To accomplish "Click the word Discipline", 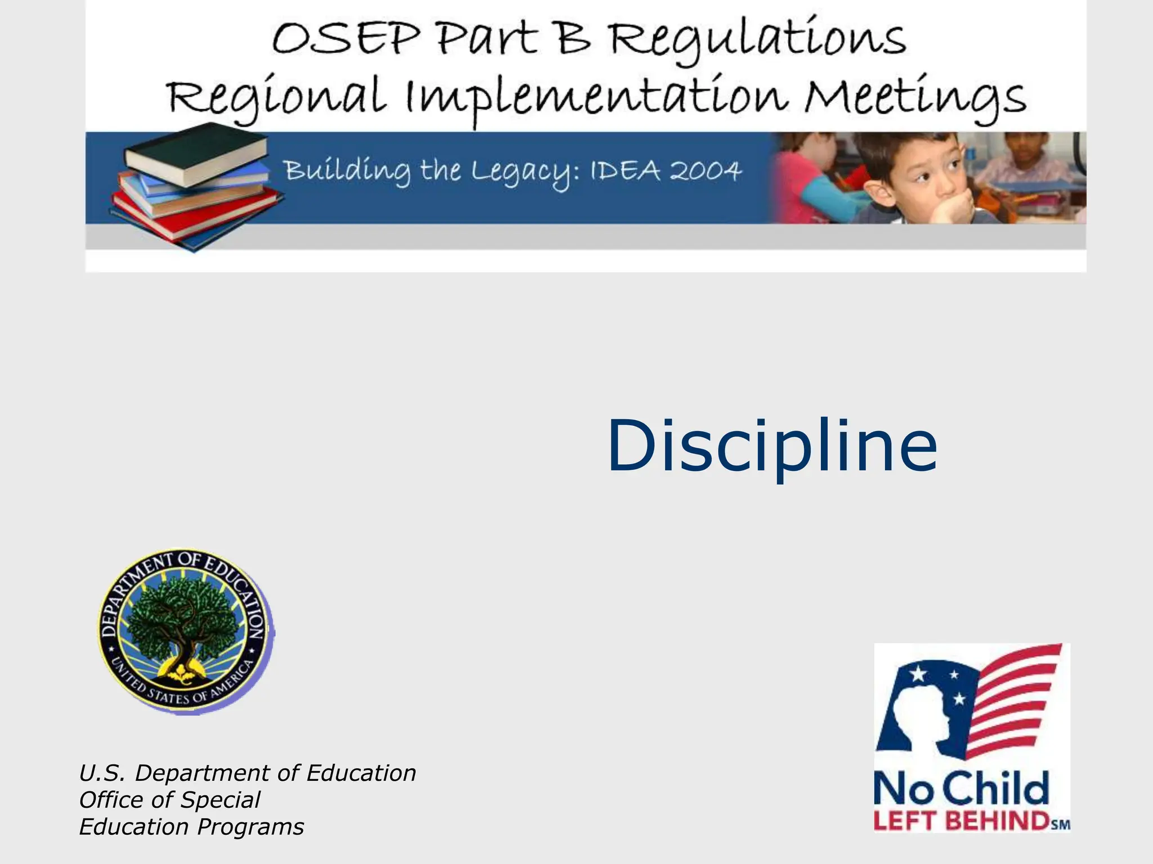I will tap(772, 447).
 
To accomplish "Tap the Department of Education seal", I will tap(185, 631).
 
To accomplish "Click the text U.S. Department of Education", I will tap(247, 773).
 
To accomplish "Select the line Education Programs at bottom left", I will tap(191, 827).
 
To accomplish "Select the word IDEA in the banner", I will tap(625, 170).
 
